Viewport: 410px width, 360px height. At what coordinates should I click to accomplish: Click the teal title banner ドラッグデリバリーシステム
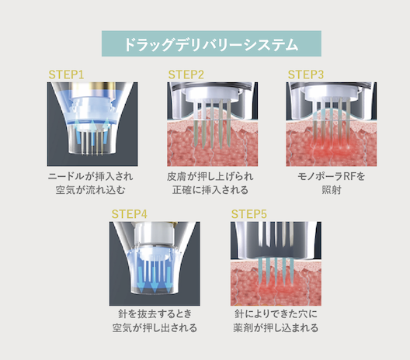pos(211,43)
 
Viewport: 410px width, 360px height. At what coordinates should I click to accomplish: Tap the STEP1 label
pos(67,74)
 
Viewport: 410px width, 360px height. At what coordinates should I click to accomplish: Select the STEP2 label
pos(186,74)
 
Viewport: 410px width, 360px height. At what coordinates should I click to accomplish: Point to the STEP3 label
pos(306,74)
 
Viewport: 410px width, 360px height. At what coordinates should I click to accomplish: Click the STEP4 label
pos(130,214)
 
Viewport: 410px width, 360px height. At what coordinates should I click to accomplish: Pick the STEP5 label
pos(249,214)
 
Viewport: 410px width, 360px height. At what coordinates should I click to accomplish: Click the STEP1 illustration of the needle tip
pos(92,124)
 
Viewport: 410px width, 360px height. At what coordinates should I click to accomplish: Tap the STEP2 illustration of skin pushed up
pos(212,124)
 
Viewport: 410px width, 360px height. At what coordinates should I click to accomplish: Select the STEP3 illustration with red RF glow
pos(332,124)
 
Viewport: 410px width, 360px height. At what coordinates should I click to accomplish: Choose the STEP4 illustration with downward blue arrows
pos(155,264)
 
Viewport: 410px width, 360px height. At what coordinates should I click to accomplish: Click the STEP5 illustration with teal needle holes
pos(276,264)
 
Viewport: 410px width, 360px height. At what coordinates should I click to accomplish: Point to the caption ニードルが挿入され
pos(91,177)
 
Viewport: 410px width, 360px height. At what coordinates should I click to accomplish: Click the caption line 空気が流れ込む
pos(91,190)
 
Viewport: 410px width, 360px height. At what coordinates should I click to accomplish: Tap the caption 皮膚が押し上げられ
pos(210,177)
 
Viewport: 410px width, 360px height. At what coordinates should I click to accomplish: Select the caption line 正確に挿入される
pos(210,190)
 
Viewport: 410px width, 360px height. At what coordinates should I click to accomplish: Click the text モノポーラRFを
pos(332,177)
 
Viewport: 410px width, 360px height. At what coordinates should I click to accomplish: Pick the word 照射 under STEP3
pos(332,190)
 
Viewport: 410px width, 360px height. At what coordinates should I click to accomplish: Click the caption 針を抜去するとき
pos(155,313)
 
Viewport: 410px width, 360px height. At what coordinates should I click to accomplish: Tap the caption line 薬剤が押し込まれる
pos(276,327)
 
